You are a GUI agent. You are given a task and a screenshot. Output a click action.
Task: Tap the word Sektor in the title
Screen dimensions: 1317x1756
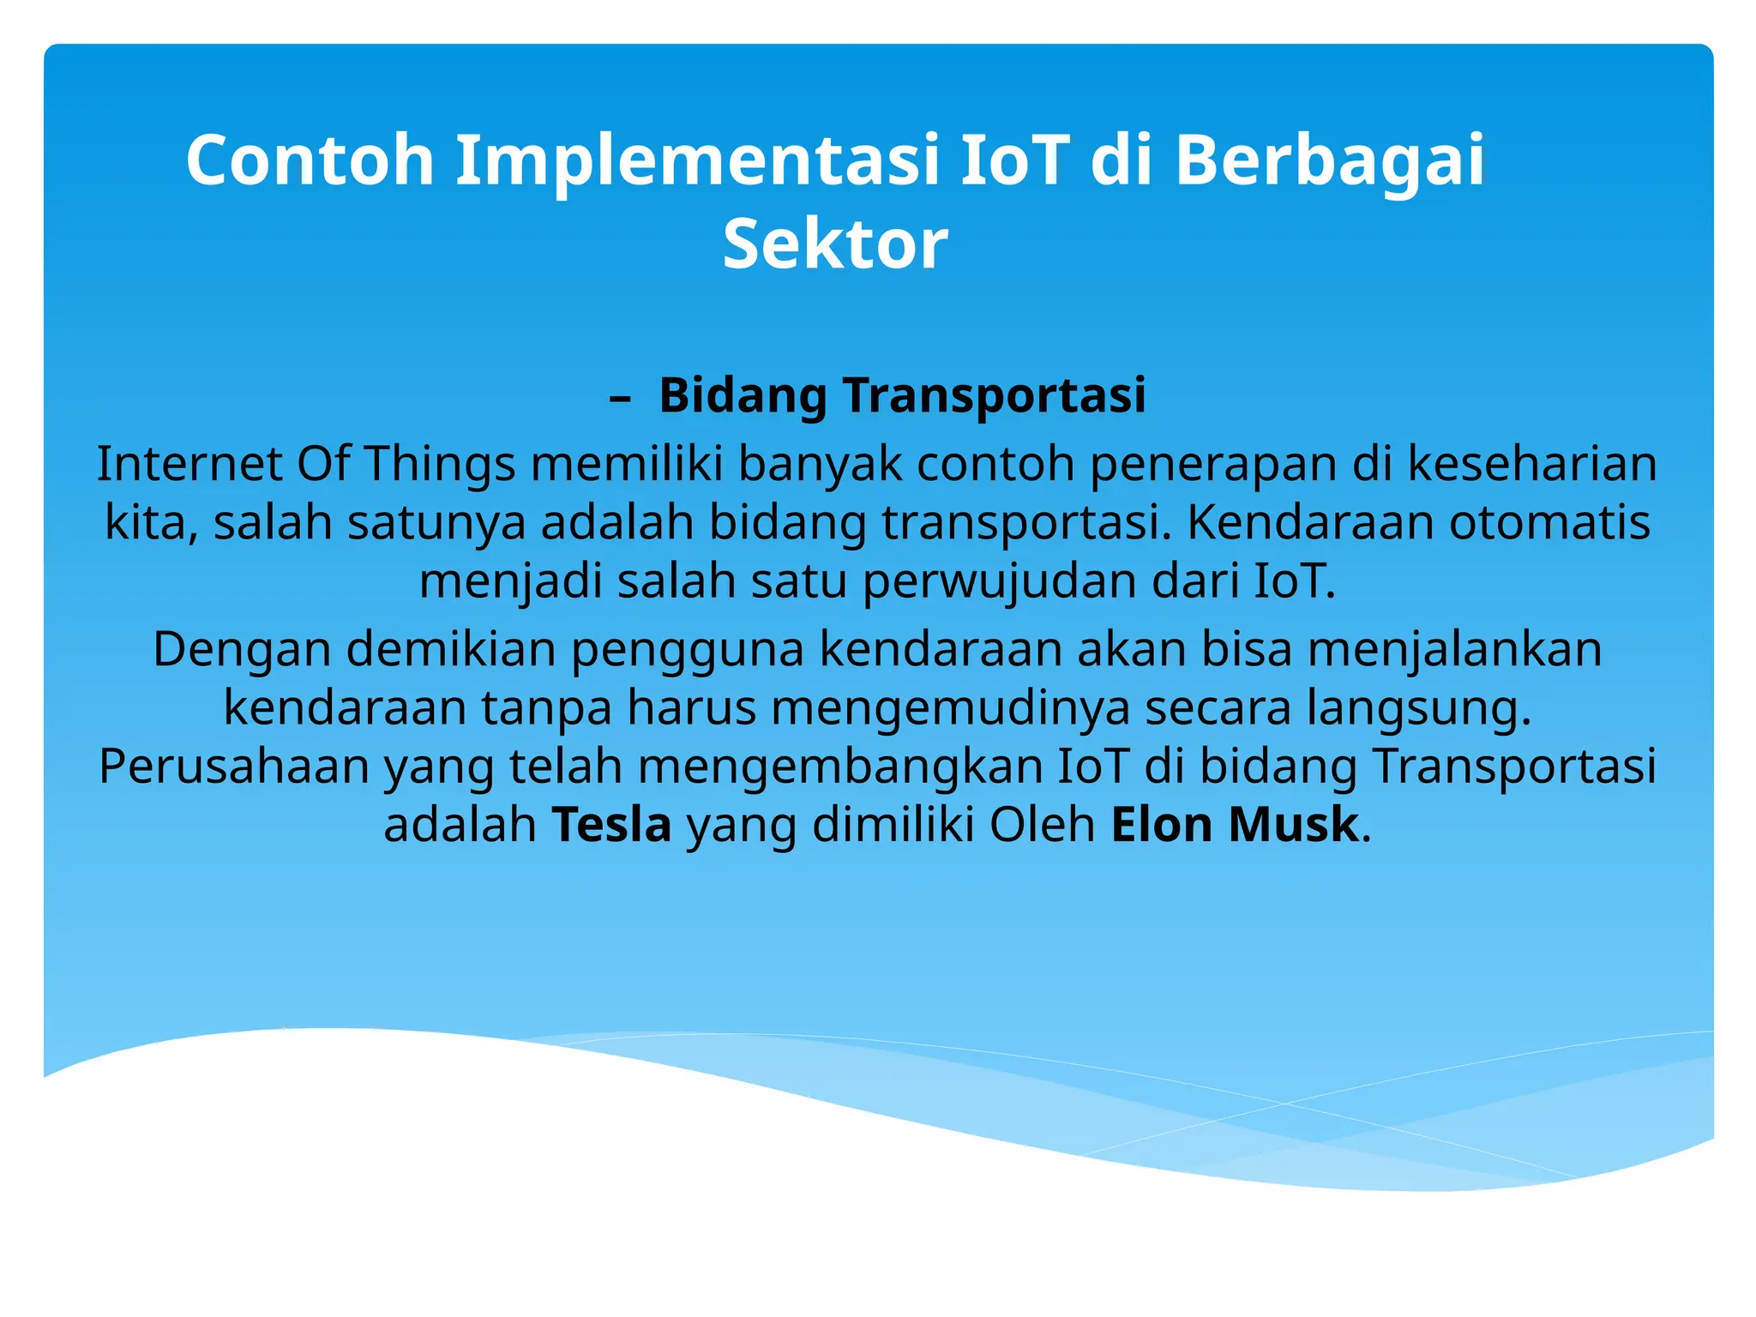[x=835, y=245]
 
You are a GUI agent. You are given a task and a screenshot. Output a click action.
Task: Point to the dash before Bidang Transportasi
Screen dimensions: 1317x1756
[x=620, y=397]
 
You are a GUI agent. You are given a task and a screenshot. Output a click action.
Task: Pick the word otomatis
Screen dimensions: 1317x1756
[x=1549, y=522]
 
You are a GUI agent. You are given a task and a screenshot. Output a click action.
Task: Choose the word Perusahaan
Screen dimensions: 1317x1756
[x=233, y=767]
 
